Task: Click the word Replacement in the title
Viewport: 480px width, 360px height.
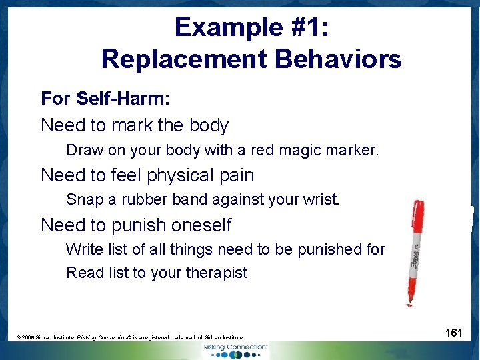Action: [x=185, y=59]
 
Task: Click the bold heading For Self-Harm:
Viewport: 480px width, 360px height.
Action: [x=105, y=99]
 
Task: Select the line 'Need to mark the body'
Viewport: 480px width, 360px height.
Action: [x=135, y=125]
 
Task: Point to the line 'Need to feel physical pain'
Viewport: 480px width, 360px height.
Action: [x=147, y=175]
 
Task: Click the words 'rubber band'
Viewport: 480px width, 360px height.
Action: [x=167, y=199]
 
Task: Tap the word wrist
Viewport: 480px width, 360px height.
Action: [x=322, y=199]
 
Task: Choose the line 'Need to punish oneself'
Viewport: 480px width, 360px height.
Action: [x=136, y=225]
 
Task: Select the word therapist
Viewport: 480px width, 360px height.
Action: [x=219, y=273]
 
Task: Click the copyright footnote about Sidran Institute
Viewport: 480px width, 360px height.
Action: [x=130, y=338]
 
